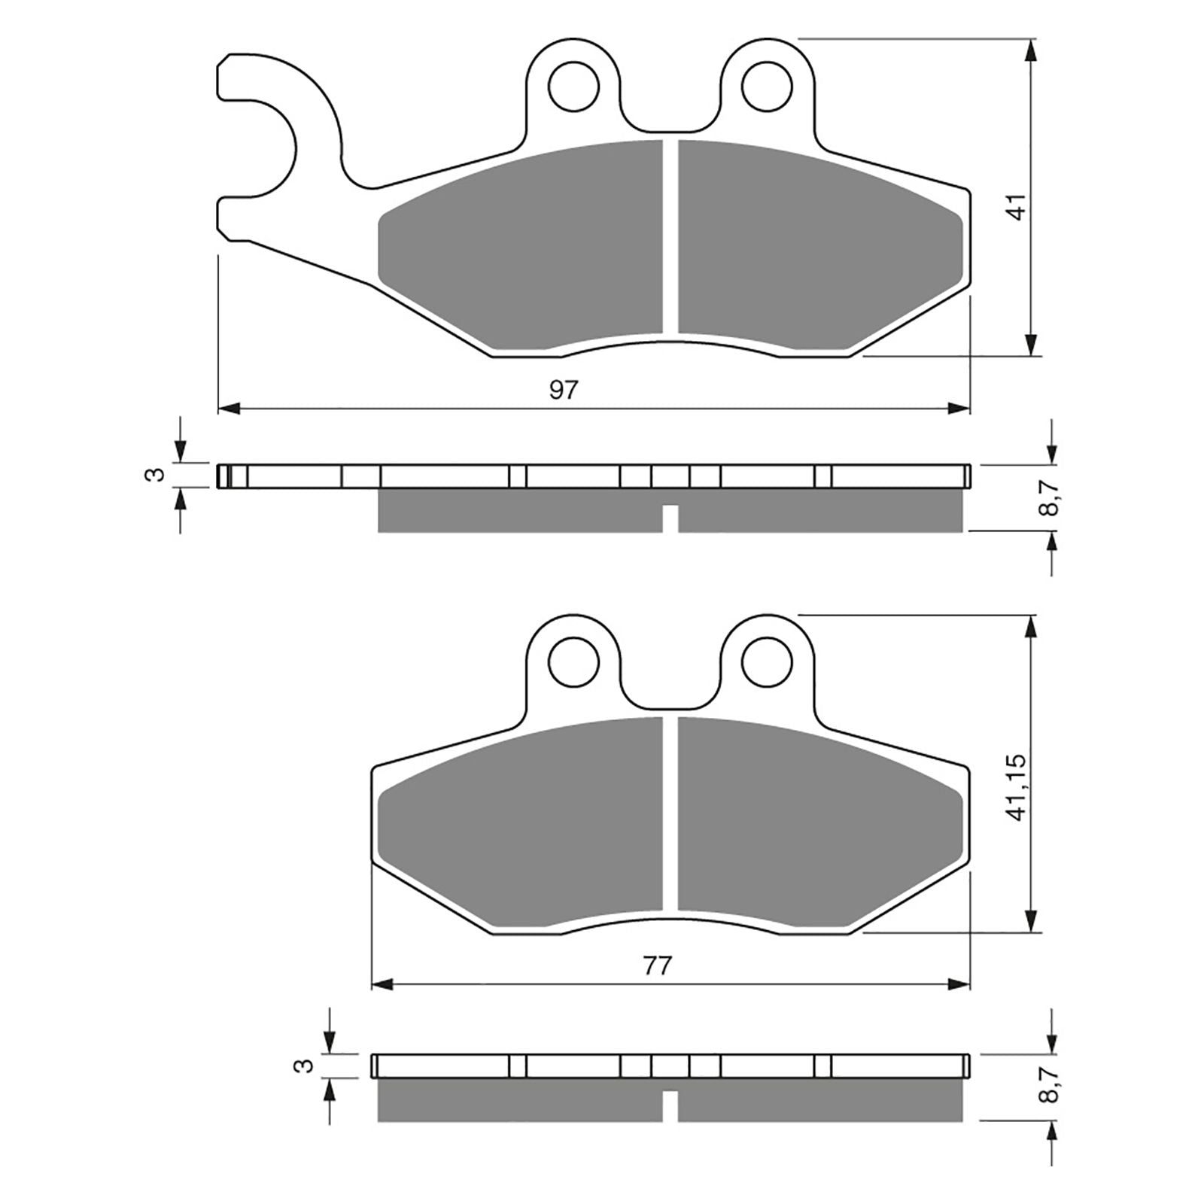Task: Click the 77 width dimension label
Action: [657, 965]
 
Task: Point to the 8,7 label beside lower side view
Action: [1051, 1082]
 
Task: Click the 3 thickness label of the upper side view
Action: [156, 474]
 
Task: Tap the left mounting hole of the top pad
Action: [574, 88]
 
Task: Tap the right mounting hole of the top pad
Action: [768, 88]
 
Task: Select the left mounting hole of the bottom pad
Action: [574, 661]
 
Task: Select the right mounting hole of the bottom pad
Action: [768, 661]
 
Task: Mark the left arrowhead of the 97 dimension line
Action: [227, 409]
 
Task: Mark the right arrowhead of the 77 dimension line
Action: [960, 984]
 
